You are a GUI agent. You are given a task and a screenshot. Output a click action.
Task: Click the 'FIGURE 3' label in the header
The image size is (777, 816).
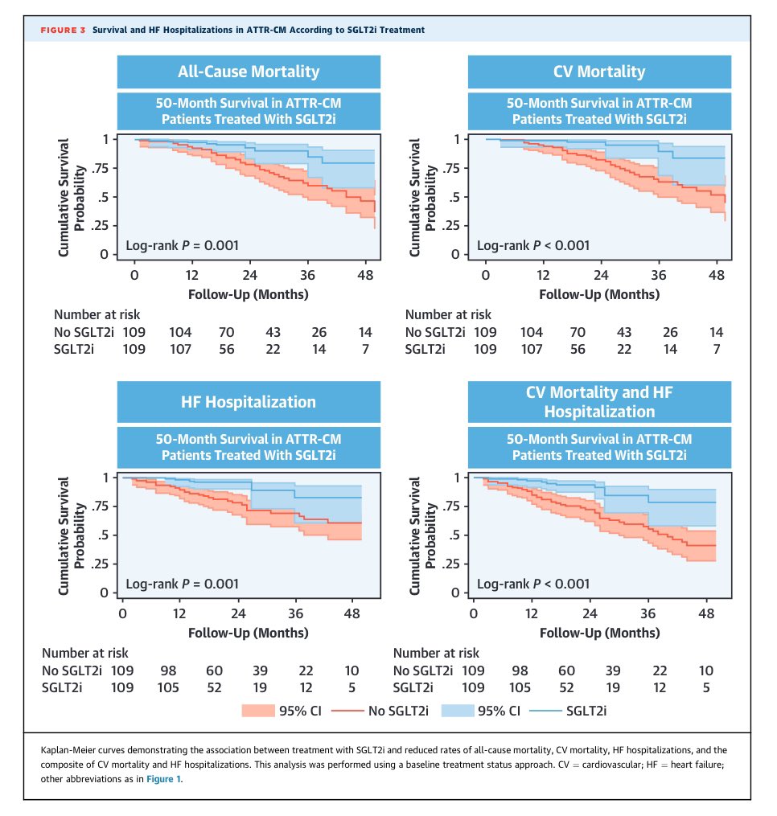point(62,30)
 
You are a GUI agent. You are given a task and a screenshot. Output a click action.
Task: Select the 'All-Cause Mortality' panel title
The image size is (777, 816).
point(249,72)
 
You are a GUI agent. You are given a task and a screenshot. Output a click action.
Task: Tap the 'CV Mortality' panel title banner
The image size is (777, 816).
point(599,72)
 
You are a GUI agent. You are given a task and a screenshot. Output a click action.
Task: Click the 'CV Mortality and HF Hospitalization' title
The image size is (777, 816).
point(599,401)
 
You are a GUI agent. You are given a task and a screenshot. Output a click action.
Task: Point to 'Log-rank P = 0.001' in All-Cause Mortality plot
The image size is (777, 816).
point(183,245)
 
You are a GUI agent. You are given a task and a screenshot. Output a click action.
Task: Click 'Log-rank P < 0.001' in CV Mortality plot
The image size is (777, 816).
point(533,245)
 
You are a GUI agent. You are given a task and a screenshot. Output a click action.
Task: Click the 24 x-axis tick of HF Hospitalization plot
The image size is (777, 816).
point(238,613)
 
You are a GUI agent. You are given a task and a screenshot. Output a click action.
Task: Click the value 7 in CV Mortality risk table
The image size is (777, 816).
point(717,349)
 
